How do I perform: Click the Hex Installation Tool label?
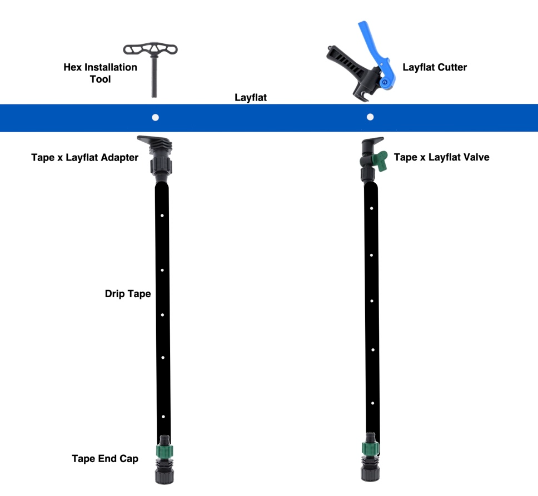pos(100,73)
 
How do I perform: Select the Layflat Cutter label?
pos(435,67)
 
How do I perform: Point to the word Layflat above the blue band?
pos(250,98)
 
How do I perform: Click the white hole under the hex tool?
pos(156,117)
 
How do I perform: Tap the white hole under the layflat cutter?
pos(371,117)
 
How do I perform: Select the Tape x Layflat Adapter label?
pos(84,158)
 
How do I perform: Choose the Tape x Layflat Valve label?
pos(441,158)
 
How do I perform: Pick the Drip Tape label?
pos(128,294)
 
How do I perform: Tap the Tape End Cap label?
pos(105,459)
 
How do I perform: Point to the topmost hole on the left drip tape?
pos(162,215)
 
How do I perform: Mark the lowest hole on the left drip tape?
pos(163,416)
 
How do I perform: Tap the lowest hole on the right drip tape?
pos(372,400)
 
